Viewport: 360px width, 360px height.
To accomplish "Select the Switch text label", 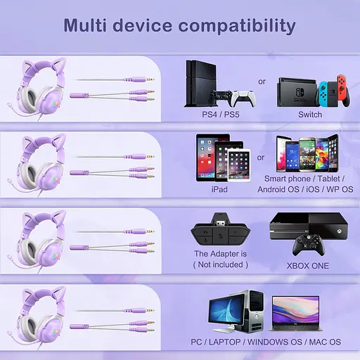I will point(309,114).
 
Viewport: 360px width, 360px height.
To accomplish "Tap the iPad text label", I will point(220,188).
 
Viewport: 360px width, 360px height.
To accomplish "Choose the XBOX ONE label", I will point(308,266).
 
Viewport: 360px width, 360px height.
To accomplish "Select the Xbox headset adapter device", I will point(219,234).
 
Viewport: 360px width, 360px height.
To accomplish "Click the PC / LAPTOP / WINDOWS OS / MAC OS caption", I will point(266,342).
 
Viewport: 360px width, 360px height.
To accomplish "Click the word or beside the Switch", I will point(262,82).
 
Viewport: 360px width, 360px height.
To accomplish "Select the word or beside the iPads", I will point(261,157).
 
